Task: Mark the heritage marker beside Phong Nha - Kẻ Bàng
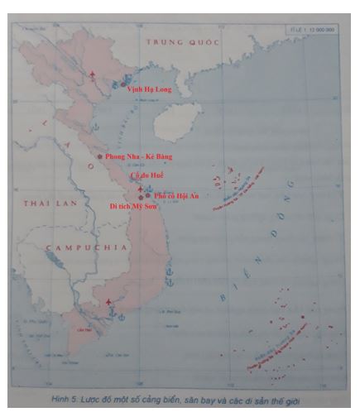100,156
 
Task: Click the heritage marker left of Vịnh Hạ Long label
122,84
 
